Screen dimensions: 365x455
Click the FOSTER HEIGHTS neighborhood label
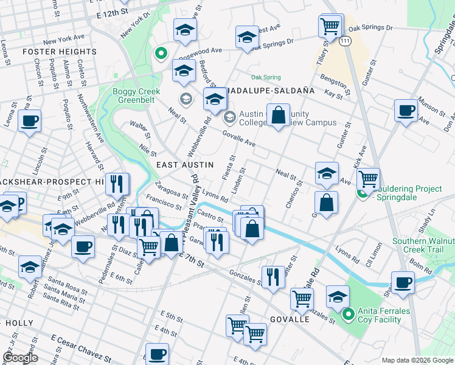59,52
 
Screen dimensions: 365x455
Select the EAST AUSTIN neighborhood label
184,165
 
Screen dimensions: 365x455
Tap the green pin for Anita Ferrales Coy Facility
348,315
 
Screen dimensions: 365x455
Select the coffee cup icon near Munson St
406,110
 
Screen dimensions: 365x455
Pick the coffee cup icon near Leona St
29,120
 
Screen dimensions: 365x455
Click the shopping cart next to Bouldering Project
368,178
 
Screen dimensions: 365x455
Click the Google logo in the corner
20,358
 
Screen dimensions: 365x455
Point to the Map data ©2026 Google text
417,360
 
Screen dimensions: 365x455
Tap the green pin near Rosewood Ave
161,54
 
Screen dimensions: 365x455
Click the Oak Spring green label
266,77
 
